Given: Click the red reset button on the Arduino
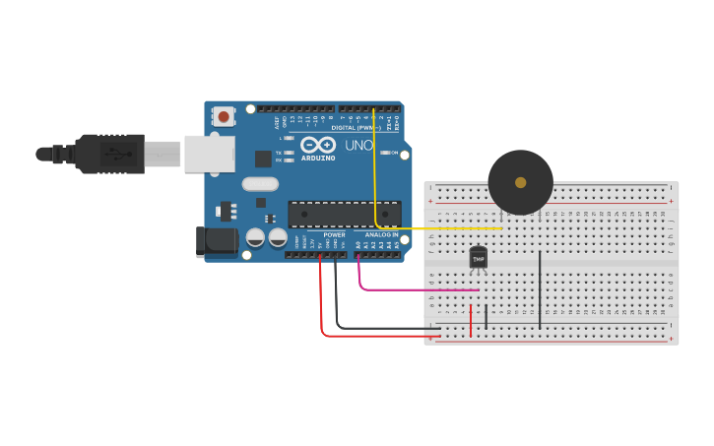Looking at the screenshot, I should tap(224, 117).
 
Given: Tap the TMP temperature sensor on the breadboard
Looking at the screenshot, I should tap(479, 258).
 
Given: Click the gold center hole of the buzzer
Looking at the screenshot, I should tap(520, 182).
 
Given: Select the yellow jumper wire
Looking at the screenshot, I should tap(375, 177).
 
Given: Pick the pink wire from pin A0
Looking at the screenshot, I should tap(414, 289).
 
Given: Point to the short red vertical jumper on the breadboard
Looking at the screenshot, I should tap(471, 319).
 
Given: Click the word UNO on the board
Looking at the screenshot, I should tap(358, 145).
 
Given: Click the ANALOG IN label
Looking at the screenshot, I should tap(381, 235).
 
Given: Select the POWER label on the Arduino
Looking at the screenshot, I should tap(335, 235).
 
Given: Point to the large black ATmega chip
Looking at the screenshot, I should tap(344, 214).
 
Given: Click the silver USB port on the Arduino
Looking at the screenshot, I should tap(210, 154).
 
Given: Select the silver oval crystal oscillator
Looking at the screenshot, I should tap(260, 183).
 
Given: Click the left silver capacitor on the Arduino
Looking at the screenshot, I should tap(255, 237).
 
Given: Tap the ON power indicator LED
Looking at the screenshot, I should tap(384, 153).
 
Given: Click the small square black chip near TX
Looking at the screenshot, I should tap(263, 158).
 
